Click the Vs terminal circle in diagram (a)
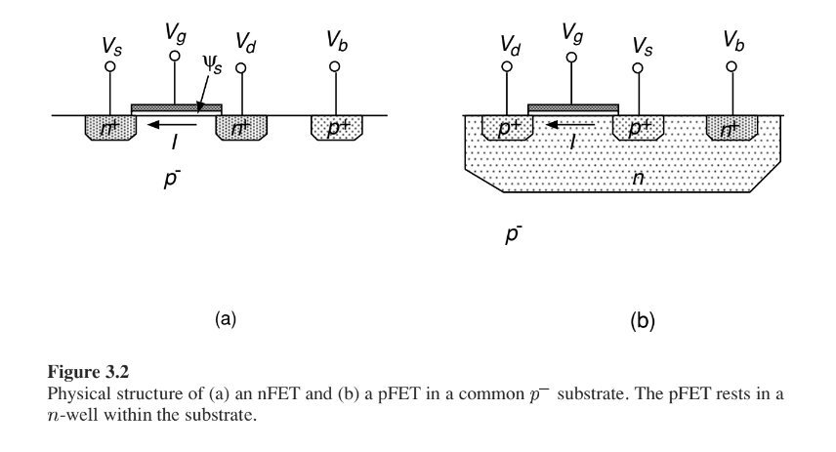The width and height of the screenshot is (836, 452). pyautogui.click(x=109, y=66)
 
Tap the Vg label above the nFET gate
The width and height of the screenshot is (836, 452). pyautogui.click(x=176, y=32)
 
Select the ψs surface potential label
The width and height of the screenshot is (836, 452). pyautogui.click(x=212, y=63)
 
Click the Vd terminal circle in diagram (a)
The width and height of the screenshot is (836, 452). pyautogui.click(x=241, y=68)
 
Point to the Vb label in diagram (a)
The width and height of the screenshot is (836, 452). pyautogui.click(x=337, y=40)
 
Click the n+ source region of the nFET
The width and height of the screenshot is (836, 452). pyautogui.click(x=110, y=128)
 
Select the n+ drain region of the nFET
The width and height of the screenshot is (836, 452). pyautogui.click(x=241, y=128)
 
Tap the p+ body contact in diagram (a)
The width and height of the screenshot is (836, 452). pyautogui.click(x=337, y=128)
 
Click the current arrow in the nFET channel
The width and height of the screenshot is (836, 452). pyautogui.click(x=172, y=125)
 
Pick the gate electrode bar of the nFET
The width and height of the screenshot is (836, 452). pyautogui.click(x=177, y=108)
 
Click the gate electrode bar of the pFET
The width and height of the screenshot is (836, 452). pyautogui.click(x=573, y=108)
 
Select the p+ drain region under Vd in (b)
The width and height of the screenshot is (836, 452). pyautogui.click(x=508, y=128)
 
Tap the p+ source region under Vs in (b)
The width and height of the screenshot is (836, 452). pyautogui.click(x=638, y=128)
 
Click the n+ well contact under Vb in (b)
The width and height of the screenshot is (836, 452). pyautogui.click(x=732, y=128)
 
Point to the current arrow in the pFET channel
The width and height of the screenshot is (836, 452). pyautogui.click(x=570, y=125)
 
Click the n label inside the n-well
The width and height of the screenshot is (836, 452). pyautogui.click(x=638, y=178)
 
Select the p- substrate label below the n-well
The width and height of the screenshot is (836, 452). pyautogui.click(x=514, y=233)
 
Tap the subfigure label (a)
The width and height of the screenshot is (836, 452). pyautogui.click(x=226, y=319)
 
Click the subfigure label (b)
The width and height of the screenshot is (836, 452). pyautogui.click(x=643, y=321)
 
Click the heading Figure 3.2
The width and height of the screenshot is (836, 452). pyautogui.click(x=89, y=372)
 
